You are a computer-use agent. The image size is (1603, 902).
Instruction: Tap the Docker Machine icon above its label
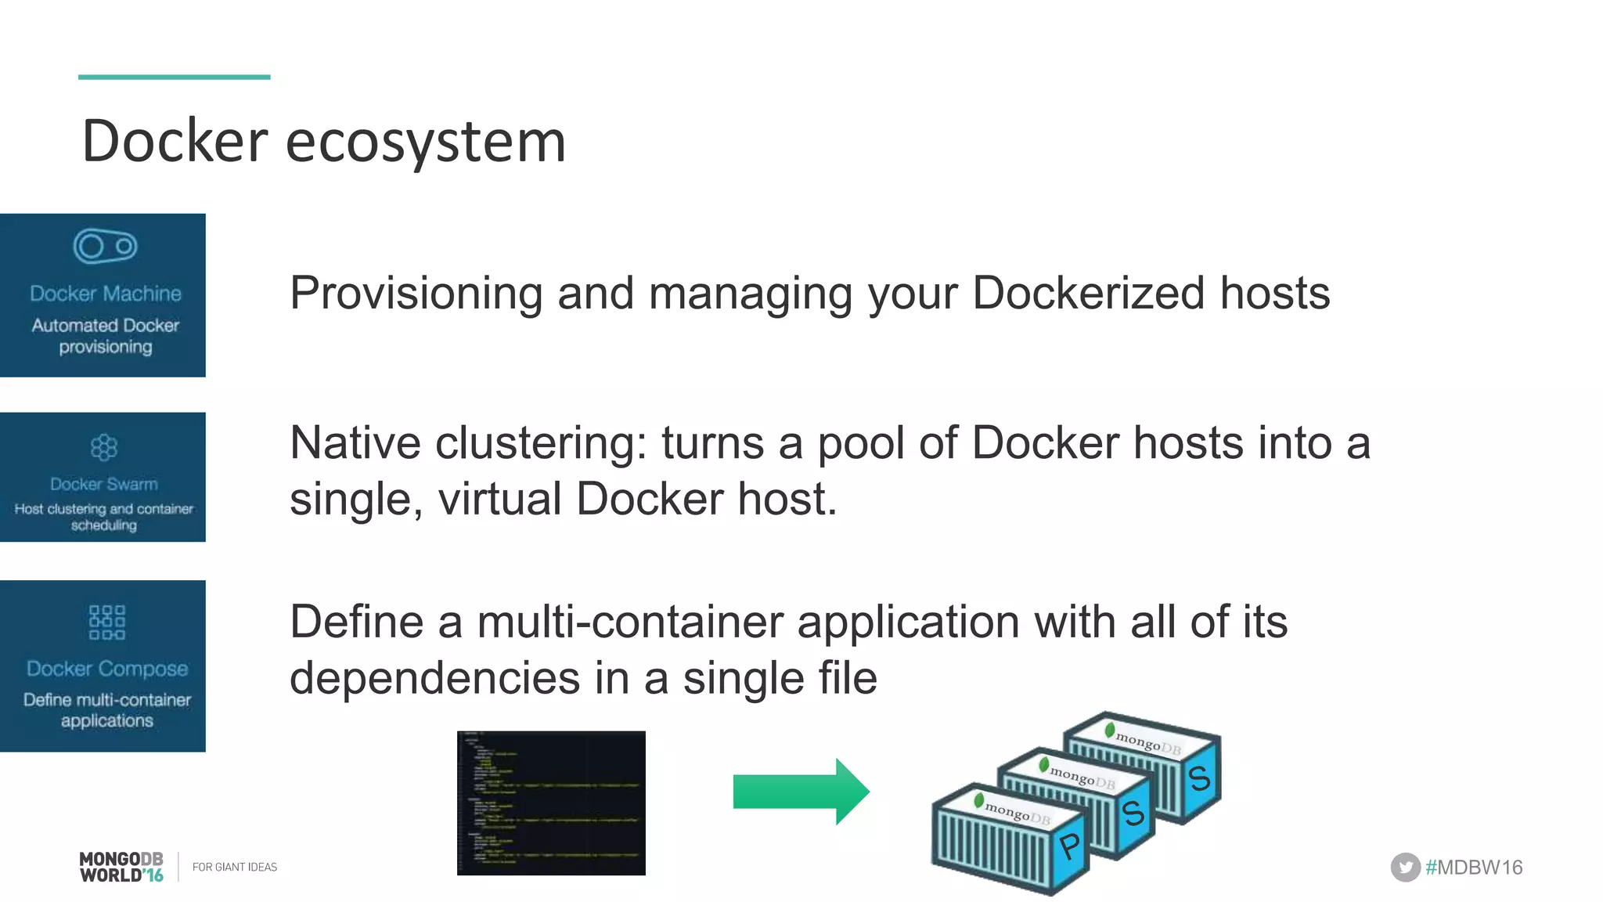tap(105, 247)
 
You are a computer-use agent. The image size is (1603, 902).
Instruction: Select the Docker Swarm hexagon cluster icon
tap(103, 447)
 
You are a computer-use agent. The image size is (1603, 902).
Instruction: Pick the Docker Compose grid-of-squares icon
tap(106, 622)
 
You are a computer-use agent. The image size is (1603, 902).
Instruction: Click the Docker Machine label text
tap(106, 294)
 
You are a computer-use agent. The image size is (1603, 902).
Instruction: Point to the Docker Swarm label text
tap(104, 484)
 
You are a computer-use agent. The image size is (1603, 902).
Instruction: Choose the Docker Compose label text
tap(107, 669)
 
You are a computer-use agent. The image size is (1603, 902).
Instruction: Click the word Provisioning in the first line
tap(416, 294)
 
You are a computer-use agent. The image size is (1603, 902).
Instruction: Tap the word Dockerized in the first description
tap(1089, 293)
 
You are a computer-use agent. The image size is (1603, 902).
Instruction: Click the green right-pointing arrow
tap(801, 792)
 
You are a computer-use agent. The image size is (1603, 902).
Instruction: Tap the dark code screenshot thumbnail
tap(551, 803)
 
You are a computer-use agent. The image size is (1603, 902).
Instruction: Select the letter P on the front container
tap(1069, 846)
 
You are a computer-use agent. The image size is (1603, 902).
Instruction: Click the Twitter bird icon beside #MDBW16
tap(1405, 867)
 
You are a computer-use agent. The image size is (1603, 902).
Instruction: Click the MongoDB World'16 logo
tap(121, 867)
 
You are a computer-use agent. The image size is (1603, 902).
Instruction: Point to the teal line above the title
tap(174, 77)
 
